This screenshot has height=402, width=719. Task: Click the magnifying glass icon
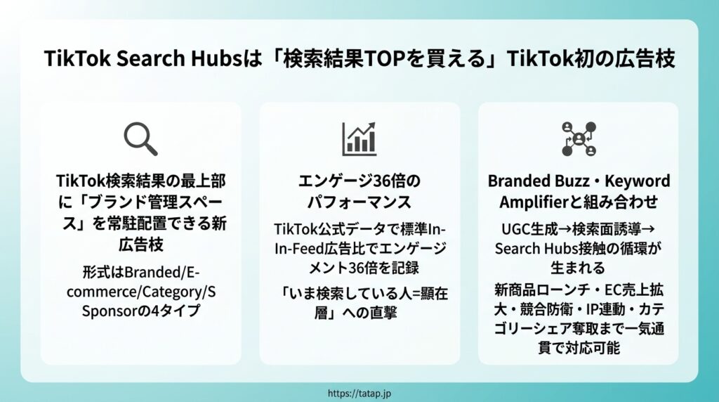pyautogui.click(x=140, y=138)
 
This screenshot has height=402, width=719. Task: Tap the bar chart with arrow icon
pyautogui.click(x=359, y=138)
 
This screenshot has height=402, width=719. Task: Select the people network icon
pyautogui.click(x=579, y=138)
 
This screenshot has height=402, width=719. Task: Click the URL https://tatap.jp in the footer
pyautogui.click(x=359, y=394)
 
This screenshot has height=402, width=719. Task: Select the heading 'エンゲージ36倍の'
pyautogui.click(x=359, y=181)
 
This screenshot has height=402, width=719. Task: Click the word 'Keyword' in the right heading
pyautogui.click(x=638, y=181)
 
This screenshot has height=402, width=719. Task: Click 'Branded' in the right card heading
pyautogui.click(x=518, y=181)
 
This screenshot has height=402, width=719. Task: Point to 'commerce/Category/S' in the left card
pyautogui.click(x=141, y=292)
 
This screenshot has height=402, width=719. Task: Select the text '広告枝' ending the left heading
pyautogui.click(x=140, y=245)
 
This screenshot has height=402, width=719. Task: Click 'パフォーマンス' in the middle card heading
pyautogui.click(x=359, y=202)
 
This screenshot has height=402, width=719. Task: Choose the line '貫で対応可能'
pyautogui.click(x=579, y=347)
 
